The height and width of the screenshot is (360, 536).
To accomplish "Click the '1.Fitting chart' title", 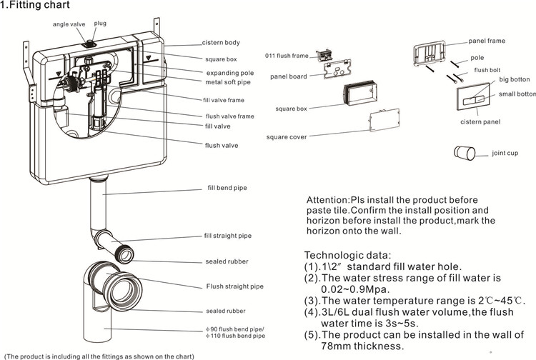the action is pos(35,5).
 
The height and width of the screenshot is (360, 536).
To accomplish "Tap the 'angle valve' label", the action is pos(69,24).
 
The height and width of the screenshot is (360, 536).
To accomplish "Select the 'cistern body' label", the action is pos(221,43).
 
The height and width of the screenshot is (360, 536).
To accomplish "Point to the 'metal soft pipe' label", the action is pos(228,82).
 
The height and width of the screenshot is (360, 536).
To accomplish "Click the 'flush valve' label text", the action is pos(221,146).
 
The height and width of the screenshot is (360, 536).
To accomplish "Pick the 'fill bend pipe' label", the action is pos(227,188).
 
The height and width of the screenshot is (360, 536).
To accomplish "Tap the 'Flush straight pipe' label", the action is pos(235,286).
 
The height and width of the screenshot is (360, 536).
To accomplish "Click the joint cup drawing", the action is pos(465,153).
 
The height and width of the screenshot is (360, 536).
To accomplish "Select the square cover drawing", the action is pos(384,120).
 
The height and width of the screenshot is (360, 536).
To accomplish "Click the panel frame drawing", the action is pos(430,54).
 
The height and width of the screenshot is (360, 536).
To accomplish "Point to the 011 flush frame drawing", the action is pos(324,55).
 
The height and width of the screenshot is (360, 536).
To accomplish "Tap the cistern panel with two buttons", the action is pos(474,99).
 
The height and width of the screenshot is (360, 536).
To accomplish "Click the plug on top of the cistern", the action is pos(90,44).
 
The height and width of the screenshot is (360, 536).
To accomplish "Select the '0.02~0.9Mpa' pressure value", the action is pos(355,289).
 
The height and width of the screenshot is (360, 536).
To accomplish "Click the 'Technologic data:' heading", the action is pos(347,255).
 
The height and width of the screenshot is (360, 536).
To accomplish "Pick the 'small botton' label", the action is pos(517,94).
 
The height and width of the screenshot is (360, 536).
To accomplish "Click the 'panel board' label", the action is pos(289,76).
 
